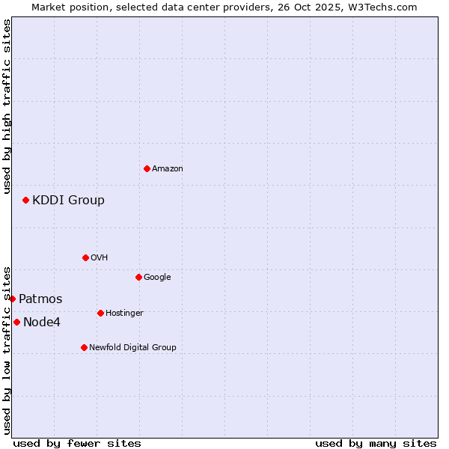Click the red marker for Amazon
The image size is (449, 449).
point(147,168)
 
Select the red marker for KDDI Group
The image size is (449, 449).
point(25,200)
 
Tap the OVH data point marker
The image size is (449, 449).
point(85,257)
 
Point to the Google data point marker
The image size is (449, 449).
point(138,277)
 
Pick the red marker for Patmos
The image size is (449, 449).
point(12,299)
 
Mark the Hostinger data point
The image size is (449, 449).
point(100,313)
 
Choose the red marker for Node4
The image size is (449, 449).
point(16,322)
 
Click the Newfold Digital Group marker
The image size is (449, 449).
point(84,347)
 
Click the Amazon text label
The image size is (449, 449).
point(168,169)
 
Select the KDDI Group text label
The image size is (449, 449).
point(68,201)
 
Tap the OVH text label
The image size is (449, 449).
point(100,258)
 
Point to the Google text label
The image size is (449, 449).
point(157,278)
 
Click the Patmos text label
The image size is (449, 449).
point(40,299)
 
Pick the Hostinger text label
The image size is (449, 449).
point(124,314)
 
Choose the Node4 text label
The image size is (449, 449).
point(42,323)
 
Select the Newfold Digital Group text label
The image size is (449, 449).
point(132,348)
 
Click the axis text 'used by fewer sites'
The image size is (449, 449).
point(77,444)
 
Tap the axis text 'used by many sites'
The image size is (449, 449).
point(376,444)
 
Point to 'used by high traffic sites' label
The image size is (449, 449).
point(7,106)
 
